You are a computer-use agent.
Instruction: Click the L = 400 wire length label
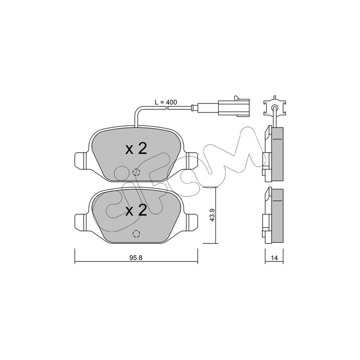(x=166, y=102)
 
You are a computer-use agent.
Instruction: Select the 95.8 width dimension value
(x=136, y=258)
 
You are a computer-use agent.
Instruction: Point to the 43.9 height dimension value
(x=211, y=215)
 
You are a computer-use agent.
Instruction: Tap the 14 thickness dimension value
(x=274, y=258)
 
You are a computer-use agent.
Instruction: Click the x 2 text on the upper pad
(x=136, y=149)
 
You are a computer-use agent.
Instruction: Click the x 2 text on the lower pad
(x=136, y=211)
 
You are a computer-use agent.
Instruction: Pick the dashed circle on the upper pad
(x=136, y=172)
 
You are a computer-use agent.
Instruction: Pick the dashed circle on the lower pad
(x=136, y=234)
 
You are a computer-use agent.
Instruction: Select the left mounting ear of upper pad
(x=81, y=161)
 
